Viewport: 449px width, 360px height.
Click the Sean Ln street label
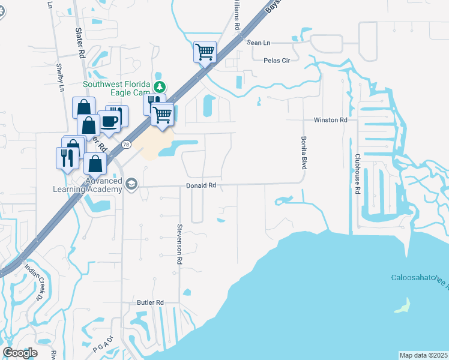tap(259, 43)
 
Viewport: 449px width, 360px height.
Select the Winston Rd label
tap(330, 120)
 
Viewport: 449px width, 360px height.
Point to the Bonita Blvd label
tap(303, 152)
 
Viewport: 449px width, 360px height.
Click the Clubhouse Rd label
tap(357, 173)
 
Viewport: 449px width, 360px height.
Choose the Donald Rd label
tap(200, 186)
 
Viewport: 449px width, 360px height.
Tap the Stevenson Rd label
tap(179, 244)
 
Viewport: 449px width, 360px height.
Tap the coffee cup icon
tap(110, 120)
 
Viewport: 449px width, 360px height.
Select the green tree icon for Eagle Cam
tap(160, 85)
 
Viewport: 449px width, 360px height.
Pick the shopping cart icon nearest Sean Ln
tap(205, 52)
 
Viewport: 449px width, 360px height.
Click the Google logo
tap(20, 353)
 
